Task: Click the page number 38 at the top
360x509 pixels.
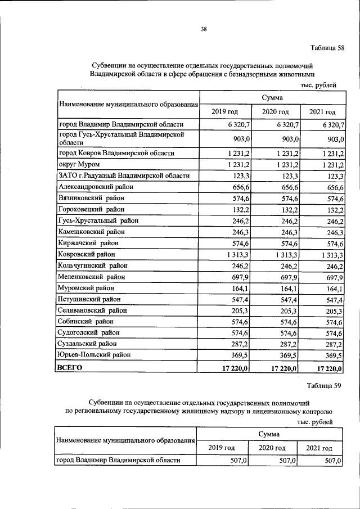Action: (x=204, y=29)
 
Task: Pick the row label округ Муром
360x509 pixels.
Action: (x=79, y=164)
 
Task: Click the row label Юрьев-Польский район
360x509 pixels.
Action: (x=94, y=355)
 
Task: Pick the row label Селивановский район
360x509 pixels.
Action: (x=93, y=310)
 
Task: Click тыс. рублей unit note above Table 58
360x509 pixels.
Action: (x=318, y=85)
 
